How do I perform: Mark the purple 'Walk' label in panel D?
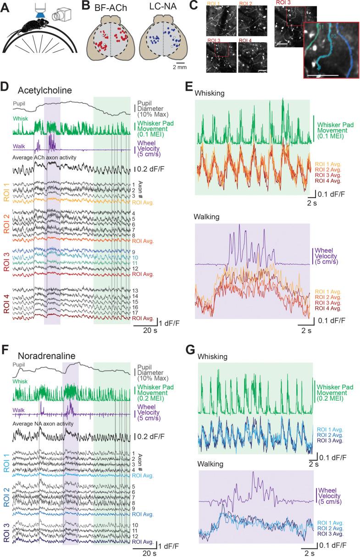[19, 147]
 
